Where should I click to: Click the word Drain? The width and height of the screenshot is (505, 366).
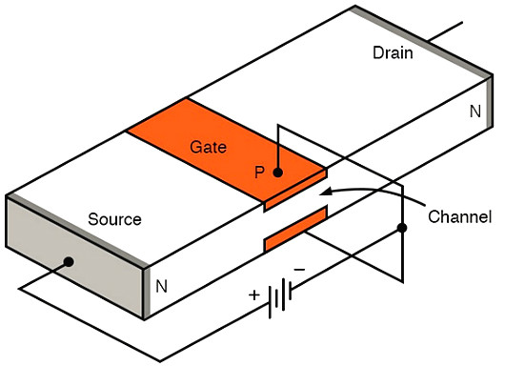tap(393, 52)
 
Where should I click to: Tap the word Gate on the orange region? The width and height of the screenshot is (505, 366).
tap(208, 147)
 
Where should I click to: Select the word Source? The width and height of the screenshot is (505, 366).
tap(114, 219)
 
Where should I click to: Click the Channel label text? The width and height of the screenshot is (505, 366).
tap(459, 216)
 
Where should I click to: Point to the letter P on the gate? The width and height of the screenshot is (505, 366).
tap(259, 173)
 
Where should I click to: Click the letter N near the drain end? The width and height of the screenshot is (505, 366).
tap(475, 112)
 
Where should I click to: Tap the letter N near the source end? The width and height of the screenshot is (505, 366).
tap(161, 286)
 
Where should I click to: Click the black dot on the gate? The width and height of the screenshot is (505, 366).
tap(278, 173)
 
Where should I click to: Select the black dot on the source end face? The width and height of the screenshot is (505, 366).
tap(69, 261)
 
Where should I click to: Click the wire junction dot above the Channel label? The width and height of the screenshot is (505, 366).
tap(402, 228)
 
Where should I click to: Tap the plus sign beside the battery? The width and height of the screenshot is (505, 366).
tap(254, 295)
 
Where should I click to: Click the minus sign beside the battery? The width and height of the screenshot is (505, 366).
tap(300, 269)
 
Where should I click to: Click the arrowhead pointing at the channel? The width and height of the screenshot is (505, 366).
tap(325, 193)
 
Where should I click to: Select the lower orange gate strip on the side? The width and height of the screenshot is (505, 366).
tap(295, 230)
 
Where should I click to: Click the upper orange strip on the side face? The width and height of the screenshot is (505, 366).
tap(295, 191)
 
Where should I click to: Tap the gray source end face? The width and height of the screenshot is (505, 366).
tap(74, 257)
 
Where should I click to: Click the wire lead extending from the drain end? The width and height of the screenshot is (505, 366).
tap(445, 31)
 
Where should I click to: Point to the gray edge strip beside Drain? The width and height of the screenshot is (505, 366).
tap(422, 42)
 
